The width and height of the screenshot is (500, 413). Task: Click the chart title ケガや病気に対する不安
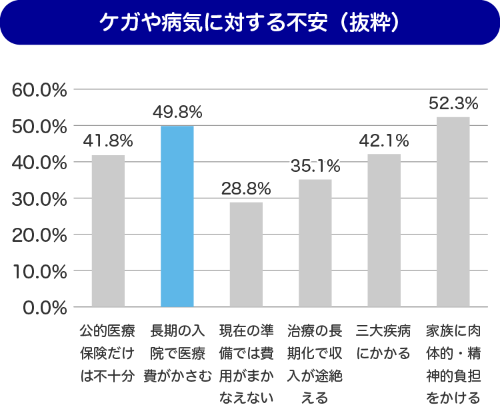coord(213,23)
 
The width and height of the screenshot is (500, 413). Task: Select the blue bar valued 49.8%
coord(177,216)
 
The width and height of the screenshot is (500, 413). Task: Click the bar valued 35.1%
coord(315,243)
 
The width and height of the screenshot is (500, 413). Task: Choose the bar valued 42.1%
coord(384,230)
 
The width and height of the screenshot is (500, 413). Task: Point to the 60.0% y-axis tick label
coord(40,90)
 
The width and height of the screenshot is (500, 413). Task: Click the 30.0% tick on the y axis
coord(40,199)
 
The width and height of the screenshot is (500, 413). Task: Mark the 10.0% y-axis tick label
coord(40,271)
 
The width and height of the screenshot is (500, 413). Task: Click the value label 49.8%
coord(177,111)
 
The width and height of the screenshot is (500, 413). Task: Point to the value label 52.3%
coord(453,103)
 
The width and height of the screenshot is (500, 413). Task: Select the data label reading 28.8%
coord(246,188)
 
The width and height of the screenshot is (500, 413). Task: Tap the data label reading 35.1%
coord(315,166)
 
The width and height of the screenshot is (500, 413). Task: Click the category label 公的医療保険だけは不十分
coord(108,354)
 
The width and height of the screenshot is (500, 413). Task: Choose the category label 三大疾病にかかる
coord(384,342)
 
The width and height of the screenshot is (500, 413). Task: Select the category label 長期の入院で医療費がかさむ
coord(177,354)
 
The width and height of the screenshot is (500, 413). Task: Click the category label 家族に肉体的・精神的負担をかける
coord(453,365)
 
